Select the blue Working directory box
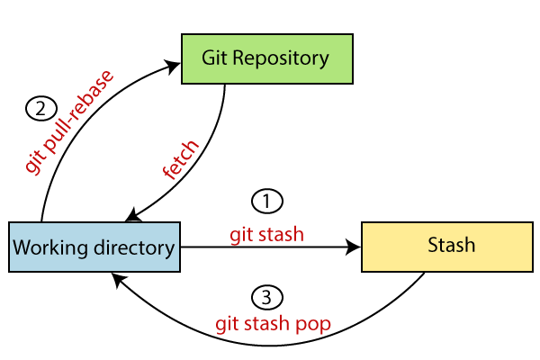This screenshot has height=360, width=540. [94, 245]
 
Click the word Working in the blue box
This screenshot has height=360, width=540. [53, 246]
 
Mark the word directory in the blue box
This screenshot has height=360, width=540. [132, 246]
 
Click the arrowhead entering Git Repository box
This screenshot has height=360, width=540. [175, 64]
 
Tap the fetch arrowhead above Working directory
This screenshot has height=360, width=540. [131, 216]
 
